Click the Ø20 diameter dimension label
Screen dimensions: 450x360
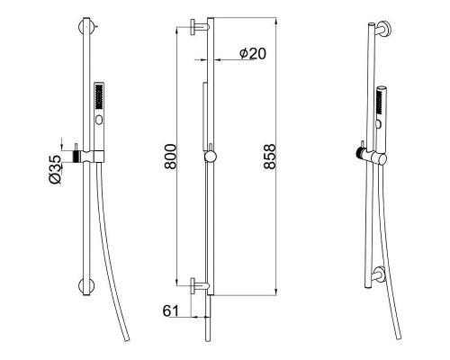(253, 54)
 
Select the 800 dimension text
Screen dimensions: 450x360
(171, 157)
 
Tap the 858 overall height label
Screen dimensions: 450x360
(269, 157)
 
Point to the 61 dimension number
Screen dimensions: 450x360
(170, 310)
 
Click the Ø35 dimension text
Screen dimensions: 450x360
(56, 169)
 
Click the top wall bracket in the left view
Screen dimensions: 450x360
(86, 27)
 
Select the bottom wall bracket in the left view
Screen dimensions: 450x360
(86, 286)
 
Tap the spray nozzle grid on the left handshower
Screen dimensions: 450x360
(99, 96)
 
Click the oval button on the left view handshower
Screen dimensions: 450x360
(99, 120)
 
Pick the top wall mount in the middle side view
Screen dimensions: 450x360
(199, 27)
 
